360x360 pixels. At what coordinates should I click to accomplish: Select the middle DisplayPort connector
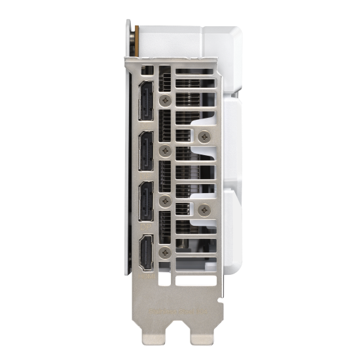pos(146,153)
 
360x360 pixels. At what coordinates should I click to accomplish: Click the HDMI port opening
pos(146,252)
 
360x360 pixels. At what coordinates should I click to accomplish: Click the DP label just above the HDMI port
pos(145,226)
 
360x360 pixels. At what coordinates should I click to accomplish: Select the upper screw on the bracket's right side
pos(206,137)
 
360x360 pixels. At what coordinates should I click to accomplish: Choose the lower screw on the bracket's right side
pos(206,210)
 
